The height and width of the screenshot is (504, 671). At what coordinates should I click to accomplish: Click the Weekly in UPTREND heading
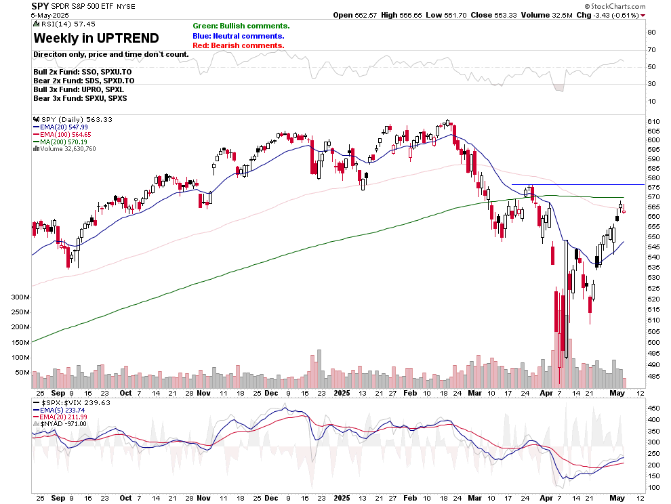click(x=96, y=38)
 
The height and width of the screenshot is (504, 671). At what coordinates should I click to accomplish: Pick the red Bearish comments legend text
click(x=238, y=45)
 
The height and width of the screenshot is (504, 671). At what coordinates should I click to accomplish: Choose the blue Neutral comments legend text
click(x=239, y=36)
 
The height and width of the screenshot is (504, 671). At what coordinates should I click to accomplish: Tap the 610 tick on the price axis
click(x=653, y=131)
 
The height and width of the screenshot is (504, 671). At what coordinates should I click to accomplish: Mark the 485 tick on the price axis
click(x=653, y=376)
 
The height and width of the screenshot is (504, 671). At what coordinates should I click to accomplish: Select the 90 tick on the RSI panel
click(x=651, y=33)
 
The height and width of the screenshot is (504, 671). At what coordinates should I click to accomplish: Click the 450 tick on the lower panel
click(x=653, y=408)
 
